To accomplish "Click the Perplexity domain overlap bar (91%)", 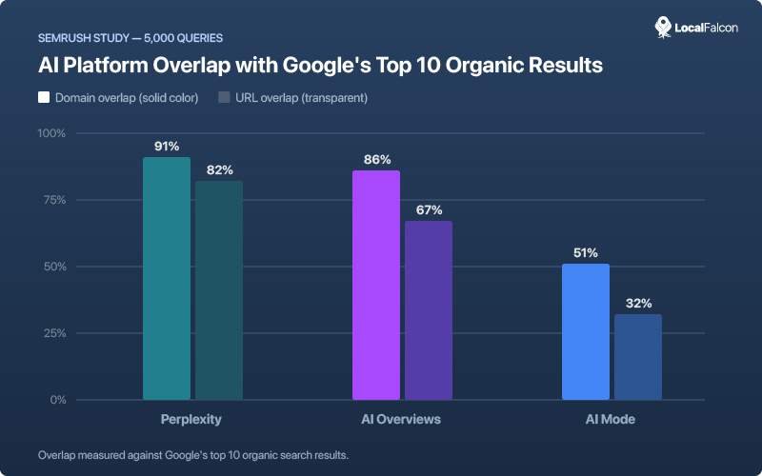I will click(x=167, y=278).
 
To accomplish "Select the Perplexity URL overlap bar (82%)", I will click(x=219, y=290).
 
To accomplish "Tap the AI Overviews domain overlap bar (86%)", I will click(x=376, y=285).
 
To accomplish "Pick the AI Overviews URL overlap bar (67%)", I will click(x=429, y=310).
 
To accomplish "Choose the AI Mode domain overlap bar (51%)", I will click(x=586, y=331).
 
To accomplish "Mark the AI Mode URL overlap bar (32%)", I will click(x=638, y=357).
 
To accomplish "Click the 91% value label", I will click(x=167, y=147).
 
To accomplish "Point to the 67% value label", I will click(x=429, y=210).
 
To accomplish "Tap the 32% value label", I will click(x=638, y=304).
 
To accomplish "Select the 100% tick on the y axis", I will click(x=51, y=133).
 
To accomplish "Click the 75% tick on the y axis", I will click(x=54, y=200).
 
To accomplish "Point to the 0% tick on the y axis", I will click(x=57, y=400).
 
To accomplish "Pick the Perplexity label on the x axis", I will click(x=192, y=419).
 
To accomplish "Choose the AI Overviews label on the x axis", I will click(x=402, y=419).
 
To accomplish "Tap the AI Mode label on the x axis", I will click(x=612, y=419).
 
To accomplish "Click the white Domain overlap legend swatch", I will click(x=44, y=97).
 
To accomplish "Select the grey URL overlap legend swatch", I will click(x=225, y=97).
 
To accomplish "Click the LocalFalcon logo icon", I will click(x=664, y=27).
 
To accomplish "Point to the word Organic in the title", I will click(x=461, y=67).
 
